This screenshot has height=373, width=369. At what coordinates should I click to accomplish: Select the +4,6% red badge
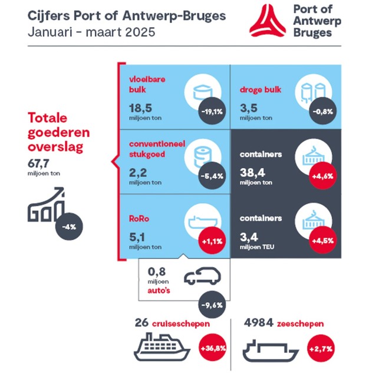322,176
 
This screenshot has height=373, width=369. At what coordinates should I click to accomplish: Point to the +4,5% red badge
322,240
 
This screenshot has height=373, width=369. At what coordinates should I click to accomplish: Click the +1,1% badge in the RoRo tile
211,240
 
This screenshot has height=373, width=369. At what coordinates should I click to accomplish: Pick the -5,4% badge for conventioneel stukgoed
211,176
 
